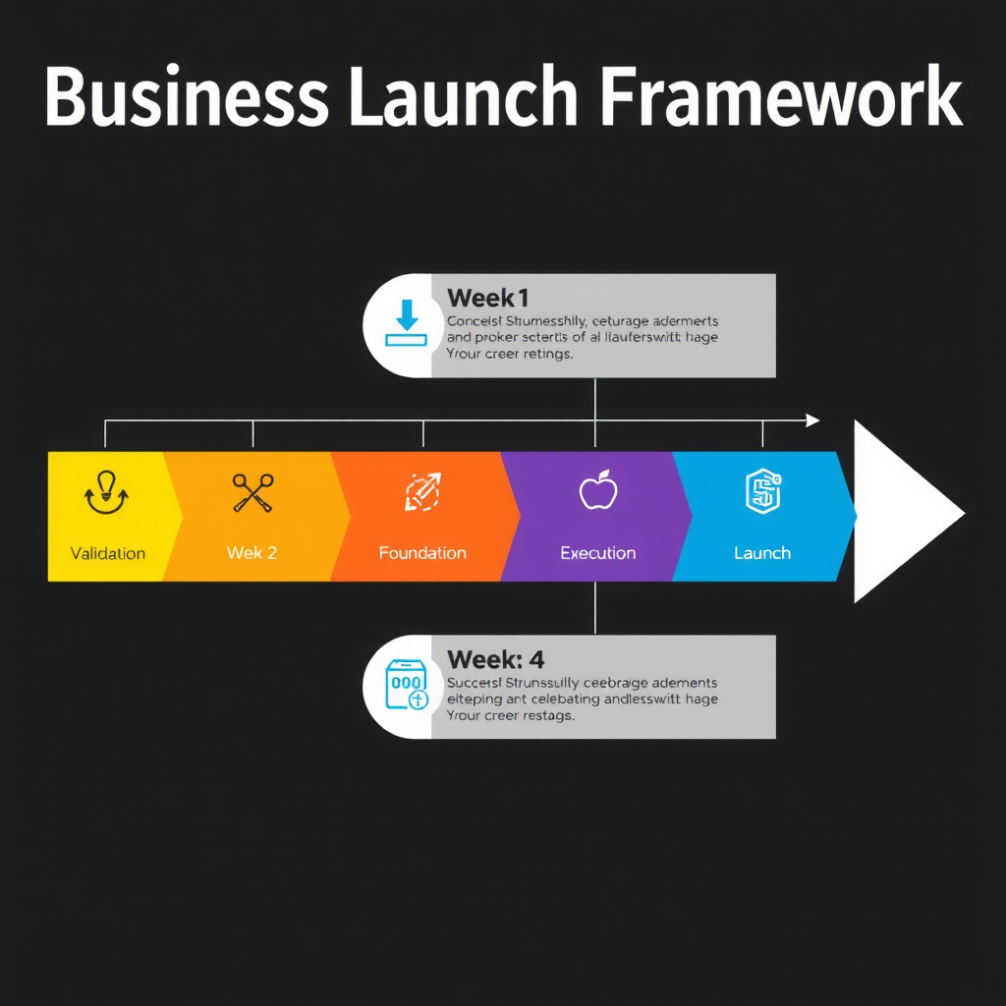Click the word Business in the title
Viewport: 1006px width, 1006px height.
tap(187, 97)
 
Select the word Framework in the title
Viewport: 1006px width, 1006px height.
tap(781, 97)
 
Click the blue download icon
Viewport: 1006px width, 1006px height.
tap(407, 325)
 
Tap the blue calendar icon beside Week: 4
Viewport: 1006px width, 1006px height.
tap(407, 685)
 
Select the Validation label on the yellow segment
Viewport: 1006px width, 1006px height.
tap(108, 553)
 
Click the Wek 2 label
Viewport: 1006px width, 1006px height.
tap(251, 553)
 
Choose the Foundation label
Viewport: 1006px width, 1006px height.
tap(422, 553)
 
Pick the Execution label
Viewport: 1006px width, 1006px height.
tap(597, 553)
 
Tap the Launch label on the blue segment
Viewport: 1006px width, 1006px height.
tap(762, 553)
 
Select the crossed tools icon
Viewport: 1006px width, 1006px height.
tap(252, 493)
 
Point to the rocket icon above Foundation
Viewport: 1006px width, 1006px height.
tap(423, 492)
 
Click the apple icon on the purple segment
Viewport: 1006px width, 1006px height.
tap(597, 490)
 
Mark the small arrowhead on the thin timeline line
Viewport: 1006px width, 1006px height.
tap(812, 420)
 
